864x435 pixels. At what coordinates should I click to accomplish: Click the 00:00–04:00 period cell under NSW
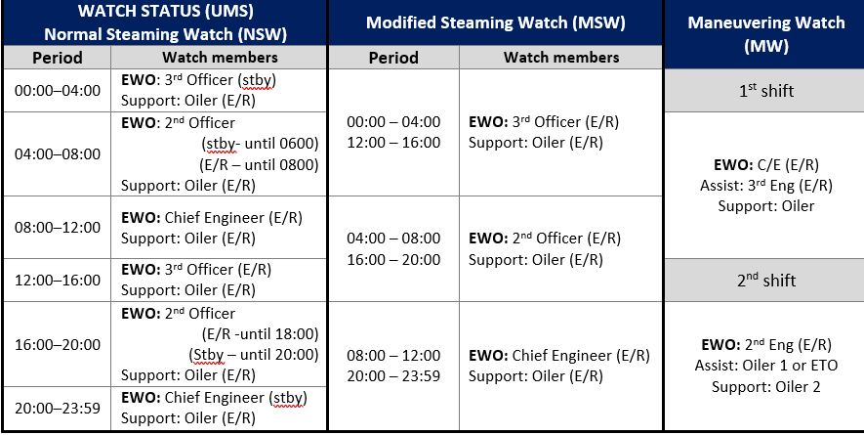click(58, 91)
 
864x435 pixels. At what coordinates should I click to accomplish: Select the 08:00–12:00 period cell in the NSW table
click(58, 228)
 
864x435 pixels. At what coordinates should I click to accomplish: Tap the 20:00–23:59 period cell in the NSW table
click(58, 409)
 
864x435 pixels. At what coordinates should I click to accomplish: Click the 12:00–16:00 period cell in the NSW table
click(58, 280)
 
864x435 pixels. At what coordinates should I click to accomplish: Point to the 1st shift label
click(766, 91)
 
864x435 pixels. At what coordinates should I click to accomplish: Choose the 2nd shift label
click(766, 280)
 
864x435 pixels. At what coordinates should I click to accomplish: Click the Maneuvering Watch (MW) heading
click(766, 34)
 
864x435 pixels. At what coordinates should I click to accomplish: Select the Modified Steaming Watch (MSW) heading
click(495, 22)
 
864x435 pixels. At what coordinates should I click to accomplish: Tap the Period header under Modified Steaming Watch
click(393, 58)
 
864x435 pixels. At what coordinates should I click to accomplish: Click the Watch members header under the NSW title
click(220, 58)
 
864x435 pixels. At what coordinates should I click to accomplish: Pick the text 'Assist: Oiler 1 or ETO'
click(766, 366)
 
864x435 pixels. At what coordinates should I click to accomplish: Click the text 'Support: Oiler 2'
click(766, 386)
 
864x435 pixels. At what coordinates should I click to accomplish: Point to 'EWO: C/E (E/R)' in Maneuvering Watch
click(766, 164)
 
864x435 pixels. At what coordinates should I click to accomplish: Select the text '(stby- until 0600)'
click(260, 144)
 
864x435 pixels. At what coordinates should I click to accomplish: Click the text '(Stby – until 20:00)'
click(254, 355)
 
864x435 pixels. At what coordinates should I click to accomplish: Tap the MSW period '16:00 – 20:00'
click(393, 259)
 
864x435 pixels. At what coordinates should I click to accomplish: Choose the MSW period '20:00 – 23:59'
click(393, 376)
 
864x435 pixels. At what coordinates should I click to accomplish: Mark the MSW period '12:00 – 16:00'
click(393, 143)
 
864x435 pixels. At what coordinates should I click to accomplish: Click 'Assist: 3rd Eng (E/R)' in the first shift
click(766, 186)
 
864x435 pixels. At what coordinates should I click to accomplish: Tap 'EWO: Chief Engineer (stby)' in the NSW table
click(214, 398)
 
